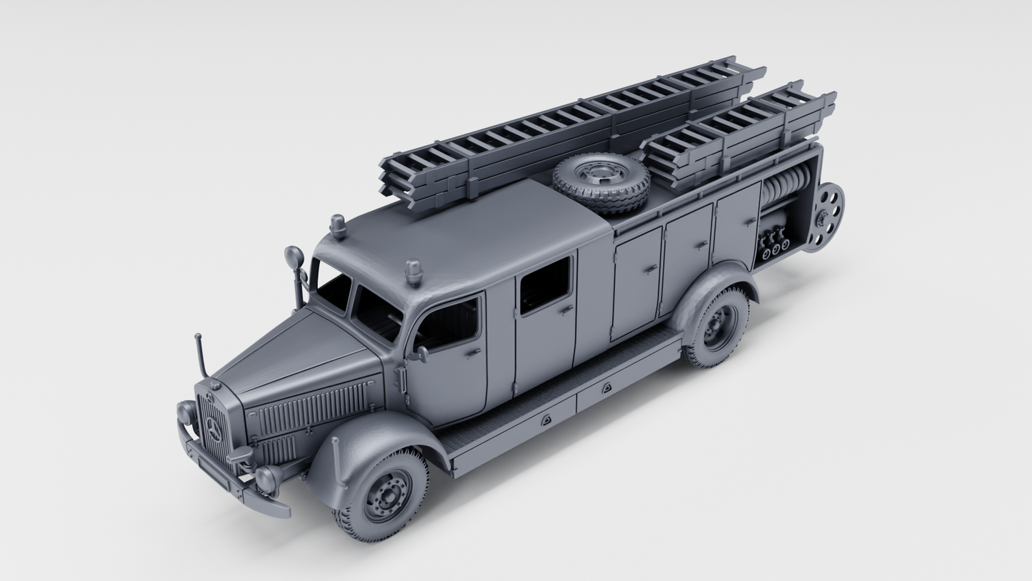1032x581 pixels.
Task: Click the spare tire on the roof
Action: [601, 182]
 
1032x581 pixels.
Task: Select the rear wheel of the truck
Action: [717, 327]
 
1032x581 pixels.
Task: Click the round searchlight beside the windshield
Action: [294, 258]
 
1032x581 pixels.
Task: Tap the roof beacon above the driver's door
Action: [413, 272]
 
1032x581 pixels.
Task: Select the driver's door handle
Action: [473, 352]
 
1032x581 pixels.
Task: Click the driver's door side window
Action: [448, 324]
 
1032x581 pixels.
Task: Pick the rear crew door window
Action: [545, 284]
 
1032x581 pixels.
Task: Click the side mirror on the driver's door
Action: [422, 354]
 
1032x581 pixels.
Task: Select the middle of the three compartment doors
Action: [686, 259]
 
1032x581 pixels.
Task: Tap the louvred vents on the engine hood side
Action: [311, 413]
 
